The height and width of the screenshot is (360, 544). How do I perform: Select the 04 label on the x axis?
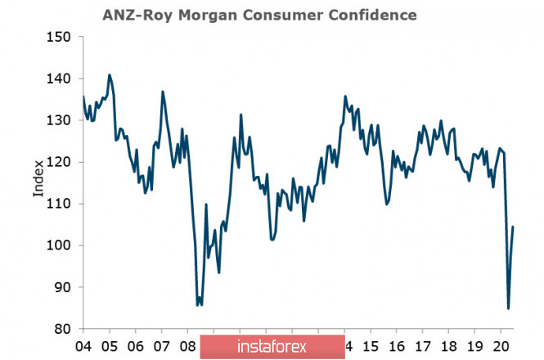[x=84, y=345]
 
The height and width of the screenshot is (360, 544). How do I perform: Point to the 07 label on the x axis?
[x=162, y=345]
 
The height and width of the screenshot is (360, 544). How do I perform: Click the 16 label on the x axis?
[x=397, y=345]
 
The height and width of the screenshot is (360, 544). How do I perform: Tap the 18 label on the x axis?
[x=449, y=345]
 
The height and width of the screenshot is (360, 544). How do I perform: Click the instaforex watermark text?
[x=272, y=346]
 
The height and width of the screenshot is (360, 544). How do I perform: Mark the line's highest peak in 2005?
[x=110, y=74]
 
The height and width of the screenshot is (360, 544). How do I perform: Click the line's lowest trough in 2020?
[x=508, y=308]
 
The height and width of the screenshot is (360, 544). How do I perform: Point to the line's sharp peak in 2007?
[x=163, y=91]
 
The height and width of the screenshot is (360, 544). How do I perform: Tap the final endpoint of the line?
[x=513, y=227]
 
